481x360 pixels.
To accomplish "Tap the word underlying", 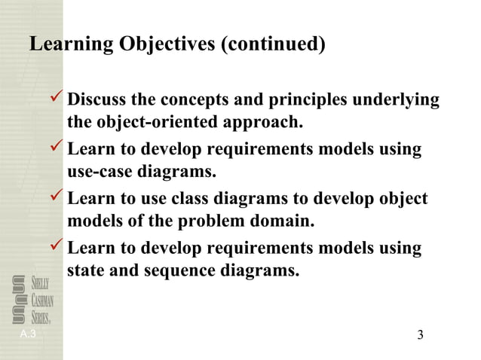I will (399, 100).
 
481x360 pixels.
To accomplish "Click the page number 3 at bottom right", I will (421, 334).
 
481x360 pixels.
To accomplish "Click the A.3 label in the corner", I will (29, 333).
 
